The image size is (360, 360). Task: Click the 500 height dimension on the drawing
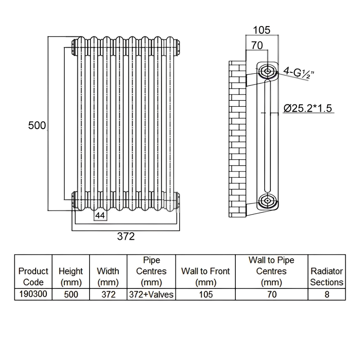click(37, 126)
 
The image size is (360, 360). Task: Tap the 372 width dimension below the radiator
click(126, 236)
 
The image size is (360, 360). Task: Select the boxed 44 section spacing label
click(100, 216)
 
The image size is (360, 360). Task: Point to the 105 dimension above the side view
click(261, 30)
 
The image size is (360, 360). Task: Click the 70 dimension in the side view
click(257, 45)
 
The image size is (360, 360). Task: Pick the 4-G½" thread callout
click(298, 72)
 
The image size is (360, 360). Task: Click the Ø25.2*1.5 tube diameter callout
click(308, 108)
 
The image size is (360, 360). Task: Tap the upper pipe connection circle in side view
click(267, 71)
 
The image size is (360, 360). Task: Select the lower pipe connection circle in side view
click(267, 201)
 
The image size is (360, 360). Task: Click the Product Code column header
click(33, 277)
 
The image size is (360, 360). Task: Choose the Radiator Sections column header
click(327, 277)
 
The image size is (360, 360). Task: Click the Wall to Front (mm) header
click(206, 277)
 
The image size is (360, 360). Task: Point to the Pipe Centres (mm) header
click(151, 271)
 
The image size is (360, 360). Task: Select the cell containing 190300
click(33, 294)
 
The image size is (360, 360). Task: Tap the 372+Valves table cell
click(151, 294)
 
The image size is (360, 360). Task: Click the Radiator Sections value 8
click(327, 294)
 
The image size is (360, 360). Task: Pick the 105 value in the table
click(206, 294)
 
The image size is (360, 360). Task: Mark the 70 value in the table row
click(272, 294)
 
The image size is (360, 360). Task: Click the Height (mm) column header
click(71, 277)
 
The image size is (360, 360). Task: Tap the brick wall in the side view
click(238, 139)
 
